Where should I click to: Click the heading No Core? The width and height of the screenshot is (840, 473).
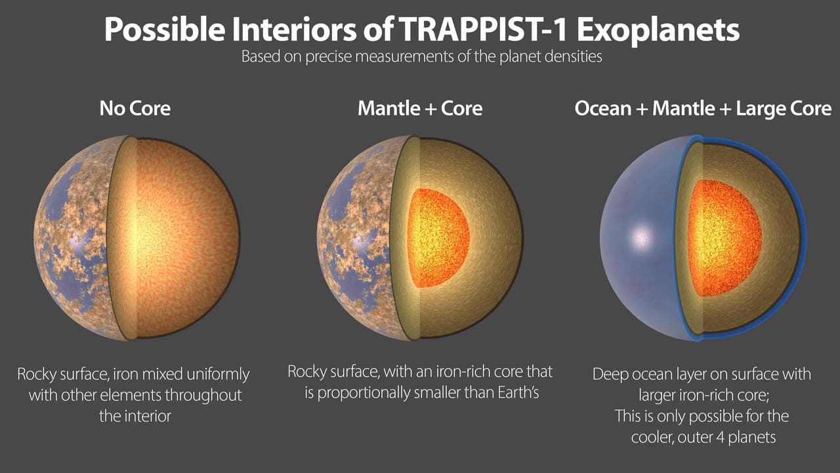[135, 108]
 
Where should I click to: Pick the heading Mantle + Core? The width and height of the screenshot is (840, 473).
[420, 108]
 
